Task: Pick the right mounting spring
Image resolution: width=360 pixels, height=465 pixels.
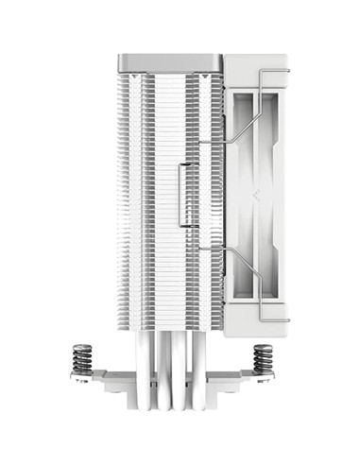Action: coord(261,365)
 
